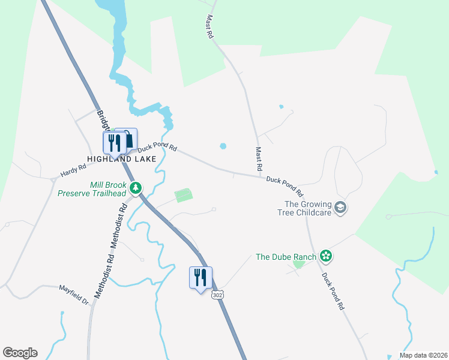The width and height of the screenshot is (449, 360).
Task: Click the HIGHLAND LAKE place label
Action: [121, 159]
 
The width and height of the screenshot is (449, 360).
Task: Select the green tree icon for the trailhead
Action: [137, 188]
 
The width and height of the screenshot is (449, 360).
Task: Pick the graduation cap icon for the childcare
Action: [340, 208]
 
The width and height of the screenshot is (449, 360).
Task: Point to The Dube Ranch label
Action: [286, 257]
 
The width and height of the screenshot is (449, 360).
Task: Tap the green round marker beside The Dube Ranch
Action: [326, 256]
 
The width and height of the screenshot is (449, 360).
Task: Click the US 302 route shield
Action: [217, 297]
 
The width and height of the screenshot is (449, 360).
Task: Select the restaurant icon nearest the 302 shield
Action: [200, 277]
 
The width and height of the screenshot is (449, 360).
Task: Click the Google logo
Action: [20, 353]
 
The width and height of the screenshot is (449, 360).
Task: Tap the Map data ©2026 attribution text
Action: [423, 355]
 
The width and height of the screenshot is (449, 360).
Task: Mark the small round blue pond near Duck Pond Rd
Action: [223, 146]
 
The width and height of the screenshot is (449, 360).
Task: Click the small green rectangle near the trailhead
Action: [184, 196]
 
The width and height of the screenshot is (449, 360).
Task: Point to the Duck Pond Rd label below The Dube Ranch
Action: [333, 291]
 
